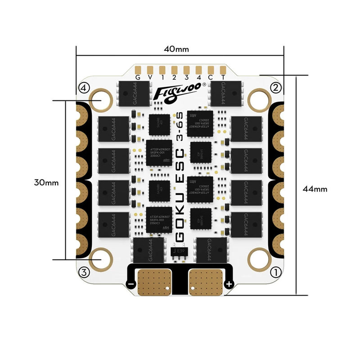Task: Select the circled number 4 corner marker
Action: [82, 87]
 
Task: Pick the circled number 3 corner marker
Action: [83, 272]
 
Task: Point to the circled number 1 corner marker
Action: [276, 272]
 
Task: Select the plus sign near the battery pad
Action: [229, 284]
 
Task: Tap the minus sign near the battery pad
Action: [131, 284]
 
